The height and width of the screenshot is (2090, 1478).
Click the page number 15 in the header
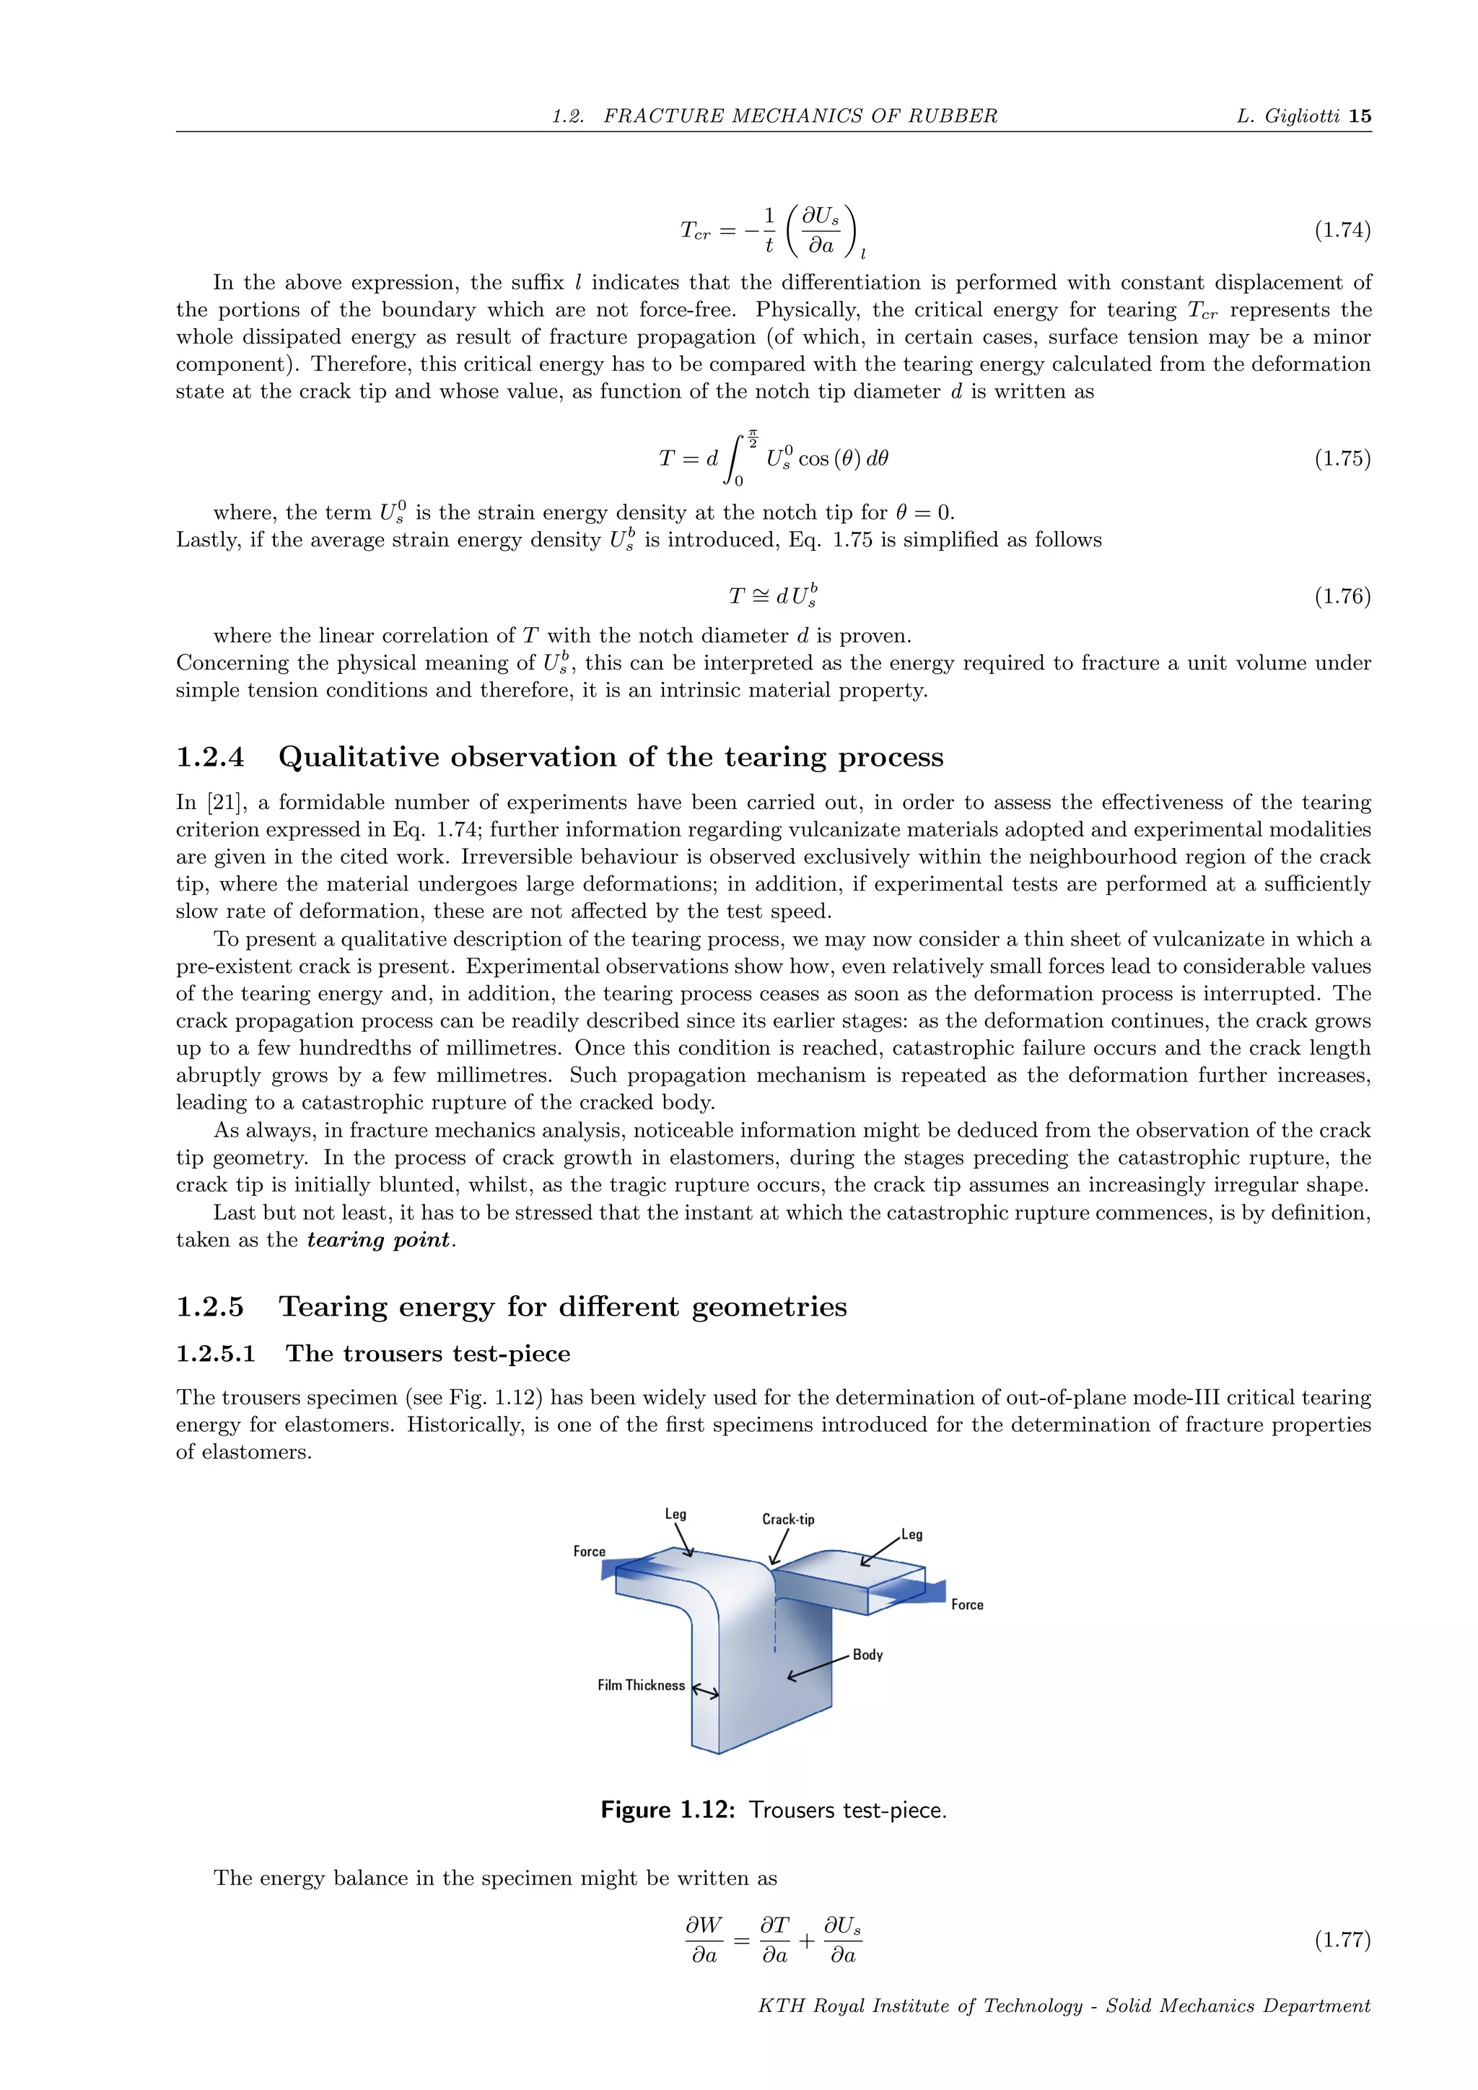[x=1360, y=115]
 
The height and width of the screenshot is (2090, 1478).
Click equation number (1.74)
[x=1342, y=230]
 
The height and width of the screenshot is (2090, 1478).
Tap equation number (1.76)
[x=1342, y=596]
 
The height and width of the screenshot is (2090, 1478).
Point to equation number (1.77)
[x=1342, y=1939]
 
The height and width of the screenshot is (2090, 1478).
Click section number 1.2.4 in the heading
[x=210, y=757]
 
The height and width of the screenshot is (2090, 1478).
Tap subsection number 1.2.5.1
[x=216, y=1354]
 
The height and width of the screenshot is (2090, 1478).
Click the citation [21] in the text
[x=224, y=803]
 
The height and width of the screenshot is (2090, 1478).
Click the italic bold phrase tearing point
[x=379, y=1240]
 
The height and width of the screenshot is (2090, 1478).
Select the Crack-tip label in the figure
[x=788, y=1519]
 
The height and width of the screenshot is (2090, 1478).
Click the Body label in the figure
[x=867, y=1655]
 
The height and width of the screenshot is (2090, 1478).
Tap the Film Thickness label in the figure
[x=641, y=1686]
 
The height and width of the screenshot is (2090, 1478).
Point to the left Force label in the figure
[x=589, y=1551]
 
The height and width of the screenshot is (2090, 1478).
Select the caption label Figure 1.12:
[x=667, y=1810]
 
